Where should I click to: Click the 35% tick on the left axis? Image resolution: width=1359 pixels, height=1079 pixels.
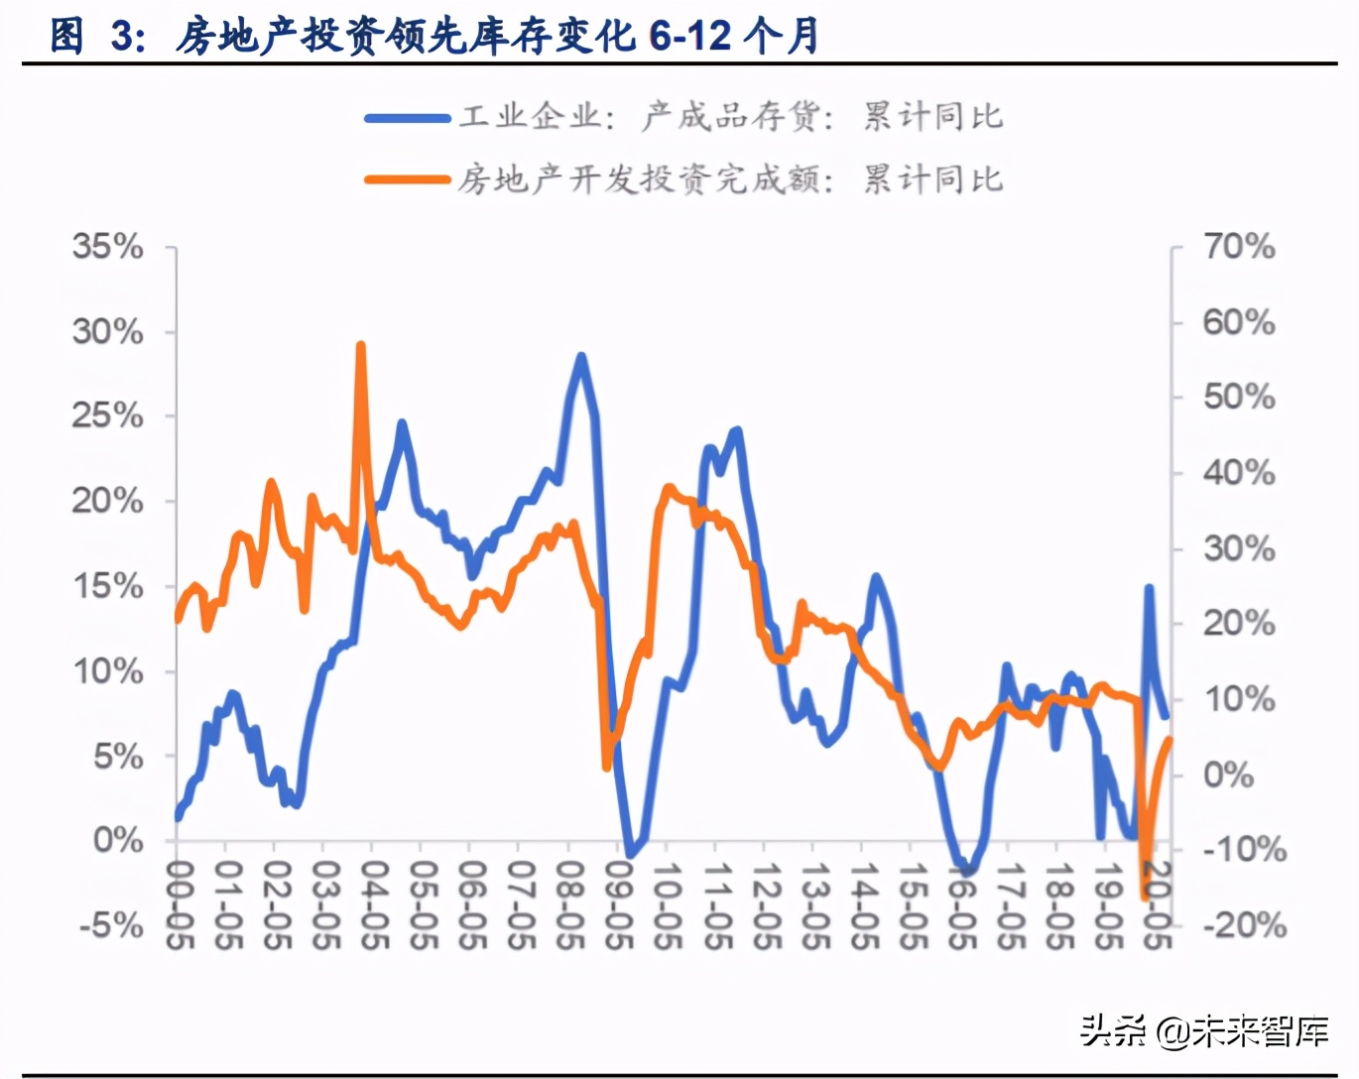click(108, 246)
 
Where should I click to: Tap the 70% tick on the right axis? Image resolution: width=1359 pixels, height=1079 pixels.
click(1238, 246)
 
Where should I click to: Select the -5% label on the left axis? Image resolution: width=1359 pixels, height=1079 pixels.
click(112, 925)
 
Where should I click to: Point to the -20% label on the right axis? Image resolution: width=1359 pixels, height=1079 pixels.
click(1244, 925)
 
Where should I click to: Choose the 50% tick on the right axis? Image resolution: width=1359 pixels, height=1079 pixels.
click(1238, 397)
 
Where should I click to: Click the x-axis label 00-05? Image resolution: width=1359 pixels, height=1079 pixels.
click(178, 902)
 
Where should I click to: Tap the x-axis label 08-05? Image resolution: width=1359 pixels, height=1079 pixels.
click(568, 902)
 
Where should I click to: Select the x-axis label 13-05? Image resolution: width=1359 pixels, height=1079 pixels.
click(813, 902)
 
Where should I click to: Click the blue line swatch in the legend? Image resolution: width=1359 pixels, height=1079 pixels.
click(407, 118)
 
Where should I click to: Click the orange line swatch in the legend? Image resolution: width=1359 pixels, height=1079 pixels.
click(407, 180)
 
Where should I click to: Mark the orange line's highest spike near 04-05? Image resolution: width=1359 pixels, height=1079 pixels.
click(361, 346)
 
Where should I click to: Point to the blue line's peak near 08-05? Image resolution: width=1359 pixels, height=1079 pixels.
click(581, 357)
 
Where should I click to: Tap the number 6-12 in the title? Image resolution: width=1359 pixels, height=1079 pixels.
click(690, 37)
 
